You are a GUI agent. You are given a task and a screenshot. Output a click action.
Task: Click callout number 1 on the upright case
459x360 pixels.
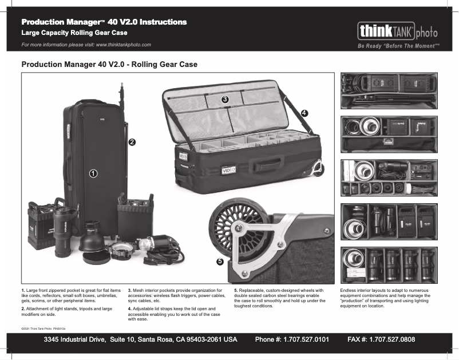click(92, 172)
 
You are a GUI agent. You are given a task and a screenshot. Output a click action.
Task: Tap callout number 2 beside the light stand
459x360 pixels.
click(132, 141)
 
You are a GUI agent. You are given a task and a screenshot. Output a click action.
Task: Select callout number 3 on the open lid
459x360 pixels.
click(225, 99)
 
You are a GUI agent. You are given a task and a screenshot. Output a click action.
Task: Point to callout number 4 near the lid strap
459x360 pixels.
click(304, 113)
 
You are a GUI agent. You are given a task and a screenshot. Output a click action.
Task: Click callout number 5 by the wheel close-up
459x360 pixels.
click(220, 262)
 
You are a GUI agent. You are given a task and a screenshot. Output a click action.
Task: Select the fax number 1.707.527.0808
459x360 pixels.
click(381, 340)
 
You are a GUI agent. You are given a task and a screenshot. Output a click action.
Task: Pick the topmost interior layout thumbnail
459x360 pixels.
click(389, 91)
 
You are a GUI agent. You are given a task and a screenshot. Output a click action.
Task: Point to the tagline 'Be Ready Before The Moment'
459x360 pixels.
click(398, 46)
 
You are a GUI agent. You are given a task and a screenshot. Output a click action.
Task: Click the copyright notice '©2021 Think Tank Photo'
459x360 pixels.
click(43, 329)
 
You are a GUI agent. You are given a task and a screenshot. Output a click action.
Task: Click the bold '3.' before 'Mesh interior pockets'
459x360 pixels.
click(130, 291)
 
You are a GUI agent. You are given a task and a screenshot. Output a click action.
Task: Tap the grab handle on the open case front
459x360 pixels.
click(272, 160)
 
